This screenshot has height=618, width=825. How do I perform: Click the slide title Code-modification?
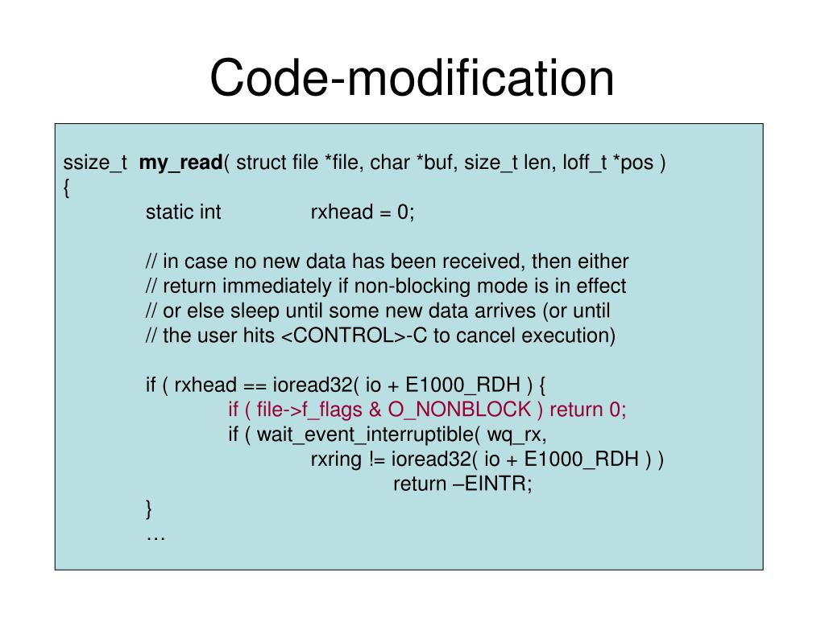coord(412,78)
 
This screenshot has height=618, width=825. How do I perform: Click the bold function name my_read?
coord(180,163)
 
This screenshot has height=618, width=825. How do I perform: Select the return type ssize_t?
coord(94,163)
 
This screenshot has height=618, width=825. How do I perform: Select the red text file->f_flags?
coord(309,410)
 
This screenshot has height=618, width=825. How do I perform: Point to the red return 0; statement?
coord(587,410)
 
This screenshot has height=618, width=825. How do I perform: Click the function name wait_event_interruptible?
coord(370,435)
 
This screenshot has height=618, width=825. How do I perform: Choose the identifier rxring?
coord(334,459)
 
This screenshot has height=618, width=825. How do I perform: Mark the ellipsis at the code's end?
coord(155,534)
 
